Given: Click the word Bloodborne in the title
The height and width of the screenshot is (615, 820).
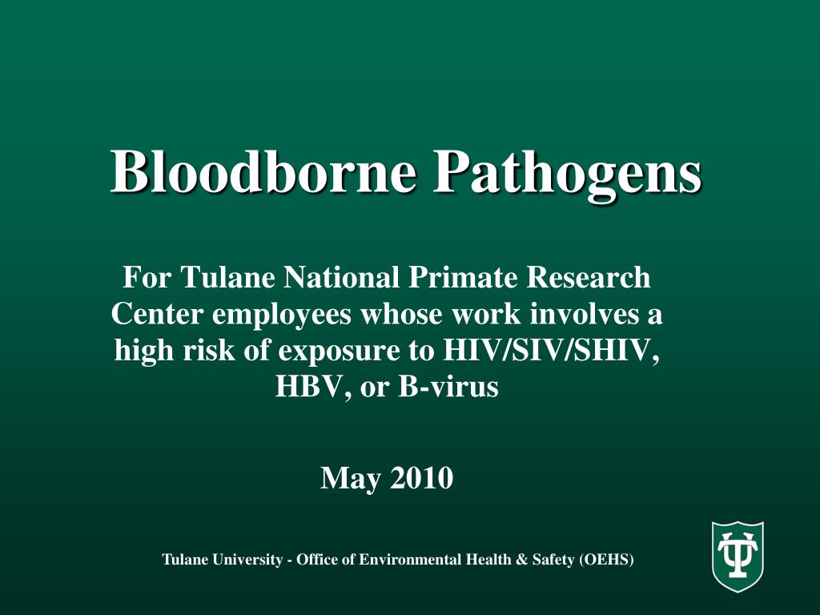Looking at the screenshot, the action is (263, 172).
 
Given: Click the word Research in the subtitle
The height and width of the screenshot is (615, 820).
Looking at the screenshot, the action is (589, 277).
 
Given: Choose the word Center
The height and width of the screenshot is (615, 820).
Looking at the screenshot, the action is (156, 314).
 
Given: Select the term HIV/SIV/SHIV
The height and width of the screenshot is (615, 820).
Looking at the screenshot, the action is (551, 351).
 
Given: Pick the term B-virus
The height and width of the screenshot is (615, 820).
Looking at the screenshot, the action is (448, 387).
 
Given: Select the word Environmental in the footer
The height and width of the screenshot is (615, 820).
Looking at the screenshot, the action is (411, 560).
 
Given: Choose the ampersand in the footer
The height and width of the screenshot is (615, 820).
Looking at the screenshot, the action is (521, 560).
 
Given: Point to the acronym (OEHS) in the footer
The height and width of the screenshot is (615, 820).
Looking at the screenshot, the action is (606, 560).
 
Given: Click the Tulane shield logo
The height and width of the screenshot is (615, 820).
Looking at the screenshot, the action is (738, 556).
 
